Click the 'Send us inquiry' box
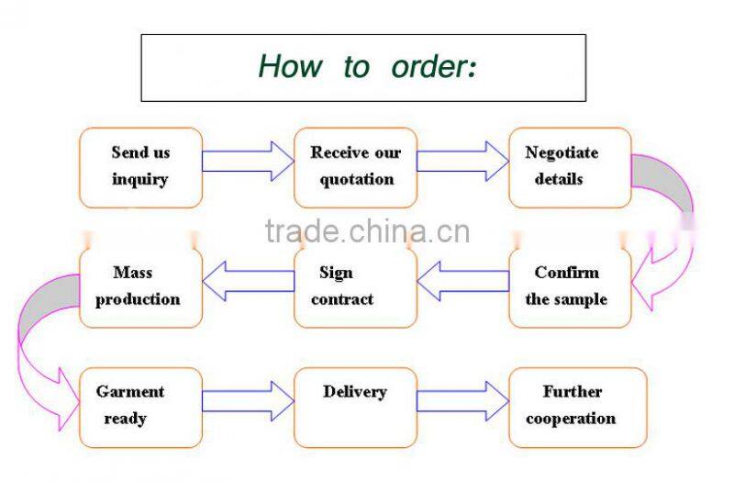point(140,167)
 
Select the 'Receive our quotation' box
point(355,167)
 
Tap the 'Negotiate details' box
point(570,167)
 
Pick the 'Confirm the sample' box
point(570,287)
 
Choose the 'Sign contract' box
point(355,287)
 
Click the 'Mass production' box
point(140,287)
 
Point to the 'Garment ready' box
point(140,407)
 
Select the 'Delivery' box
point(355,407)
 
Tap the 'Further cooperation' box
point(577,407)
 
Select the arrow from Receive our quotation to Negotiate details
point(462,161)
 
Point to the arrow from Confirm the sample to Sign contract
point(462,281)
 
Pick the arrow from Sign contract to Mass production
point(248,281)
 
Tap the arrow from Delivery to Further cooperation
point(462,400)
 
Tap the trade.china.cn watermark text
point(367,230)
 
